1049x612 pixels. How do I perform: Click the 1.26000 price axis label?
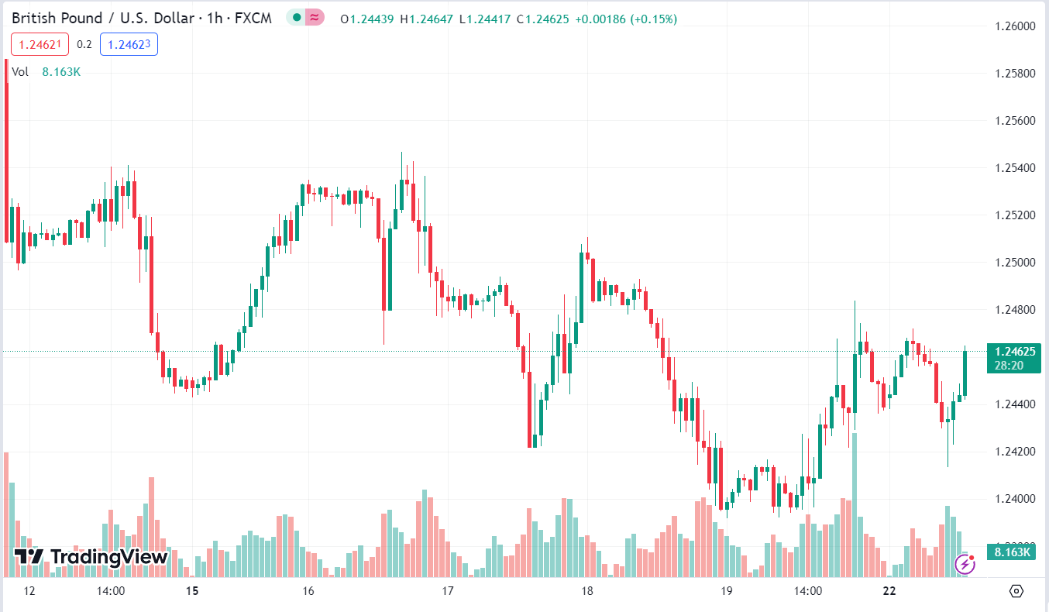tap(1014, 26)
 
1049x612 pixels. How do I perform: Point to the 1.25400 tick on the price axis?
tap(1014, 168)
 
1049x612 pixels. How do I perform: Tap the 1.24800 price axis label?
tap(1014, 310)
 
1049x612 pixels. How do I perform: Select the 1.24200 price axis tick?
tap(1014, 452)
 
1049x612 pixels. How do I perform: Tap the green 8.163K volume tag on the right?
tap(1013, 552)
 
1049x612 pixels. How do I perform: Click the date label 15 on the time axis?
tap(192, 591)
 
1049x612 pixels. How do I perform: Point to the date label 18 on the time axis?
tap(587, 591)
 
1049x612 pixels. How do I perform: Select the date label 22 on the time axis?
tap(889, 591)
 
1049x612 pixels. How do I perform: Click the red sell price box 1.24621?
tap(40, 45)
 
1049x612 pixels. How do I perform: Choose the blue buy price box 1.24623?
tap(129, 45)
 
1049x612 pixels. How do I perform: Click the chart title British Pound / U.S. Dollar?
tap(102, 18)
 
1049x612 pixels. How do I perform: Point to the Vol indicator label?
tap(21, 72)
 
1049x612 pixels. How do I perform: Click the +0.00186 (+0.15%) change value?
tap(626, 19)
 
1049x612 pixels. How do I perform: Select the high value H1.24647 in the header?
tap(426, 19)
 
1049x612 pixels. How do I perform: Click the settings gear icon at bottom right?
tap(1016, 591)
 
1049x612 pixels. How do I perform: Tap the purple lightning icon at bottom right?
tap(965, 564)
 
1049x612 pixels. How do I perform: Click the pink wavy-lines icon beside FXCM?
tap(314, 17)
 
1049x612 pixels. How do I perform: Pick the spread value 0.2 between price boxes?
tap(84, 45)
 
